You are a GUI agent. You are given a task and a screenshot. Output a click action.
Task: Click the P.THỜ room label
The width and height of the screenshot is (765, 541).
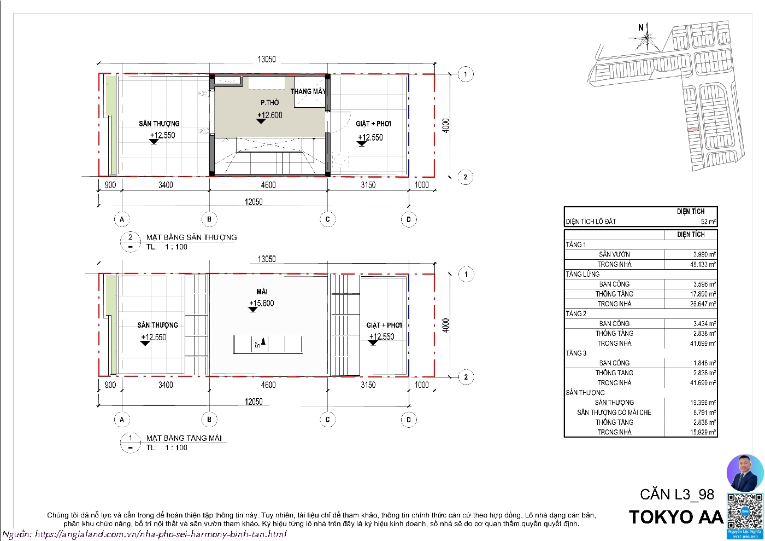pyautogui.click(x=269, y=102)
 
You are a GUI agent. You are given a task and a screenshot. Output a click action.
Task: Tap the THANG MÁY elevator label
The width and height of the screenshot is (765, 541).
pyautogui.click(x=308, y=91)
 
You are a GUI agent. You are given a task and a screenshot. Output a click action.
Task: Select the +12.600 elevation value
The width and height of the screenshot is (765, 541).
pyautogui.click(x=270, y=115)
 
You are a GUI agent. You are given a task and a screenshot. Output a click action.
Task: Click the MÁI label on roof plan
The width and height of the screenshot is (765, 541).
pyautogui.click(x=262, y=292)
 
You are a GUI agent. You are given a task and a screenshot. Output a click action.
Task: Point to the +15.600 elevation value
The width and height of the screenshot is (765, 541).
pyautogui.click(x=262, y=303)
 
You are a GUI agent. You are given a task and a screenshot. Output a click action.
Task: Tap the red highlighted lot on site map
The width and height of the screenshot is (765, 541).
pyautogui.click(x=693, y=130)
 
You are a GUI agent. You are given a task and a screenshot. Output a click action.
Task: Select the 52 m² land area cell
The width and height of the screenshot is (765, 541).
pyautogui.click(x=708, y=222)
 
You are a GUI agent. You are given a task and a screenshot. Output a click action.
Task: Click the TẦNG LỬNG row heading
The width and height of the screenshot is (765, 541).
pyautogui.click(x=582, y=274)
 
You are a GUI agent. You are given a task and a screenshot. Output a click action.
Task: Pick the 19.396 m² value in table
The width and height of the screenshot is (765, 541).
pyautogui.click(x=703, y=403)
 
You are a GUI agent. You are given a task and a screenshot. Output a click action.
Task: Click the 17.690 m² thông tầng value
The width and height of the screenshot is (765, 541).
pyautogui.click(x=703, y=294)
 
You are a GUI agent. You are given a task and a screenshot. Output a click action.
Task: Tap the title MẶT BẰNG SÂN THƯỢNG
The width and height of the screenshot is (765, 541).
pyautogui.click(x=191, y=237)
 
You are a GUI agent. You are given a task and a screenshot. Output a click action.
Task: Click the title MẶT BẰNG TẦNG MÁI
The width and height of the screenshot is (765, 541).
pyautogui.click(x=184, y=438)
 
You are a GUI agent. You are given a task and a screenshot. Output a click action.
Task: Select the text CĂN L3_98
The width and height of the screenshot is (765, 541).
pyautogui.click(x=677, y=495)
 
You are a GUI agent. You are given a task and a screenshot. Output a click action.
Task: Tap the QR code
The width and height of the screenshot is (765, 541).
pyautogui.click(x=744, y=511)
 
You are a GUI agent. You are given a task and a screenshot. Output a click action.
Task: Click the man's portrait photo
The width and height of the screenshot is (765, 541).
pyautogui.click(x=745, y=473)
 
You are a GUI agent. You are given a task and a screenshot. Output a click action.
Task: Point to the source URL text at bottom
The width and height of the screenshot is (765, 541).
pyautogui.click(x=145, y=534)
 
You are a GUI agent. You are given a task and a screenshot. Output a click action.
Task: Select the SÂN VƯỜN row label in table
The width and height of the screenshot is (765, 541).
pyautogui.click(x=614, y=254)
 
